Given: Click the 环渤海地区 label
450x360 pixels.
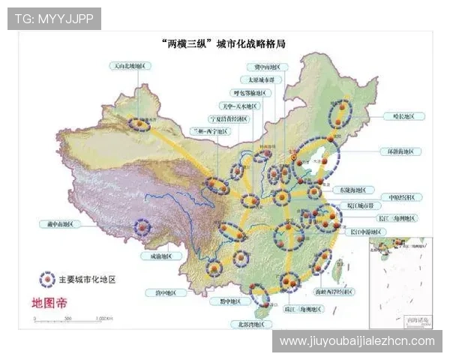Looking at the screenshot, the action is coord(400,151).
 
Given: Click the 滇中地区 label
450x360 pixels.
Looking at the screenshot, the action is coord(166,292).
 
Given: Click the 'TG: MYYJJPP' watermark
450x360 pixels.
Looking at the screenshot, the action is coord(54,19).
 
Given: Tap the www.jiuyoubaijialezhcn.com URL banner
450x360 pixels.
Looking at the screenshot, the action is coord(356,341).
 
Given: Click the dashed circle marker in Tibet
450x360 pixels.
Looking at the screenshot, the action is coord(142,226).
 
